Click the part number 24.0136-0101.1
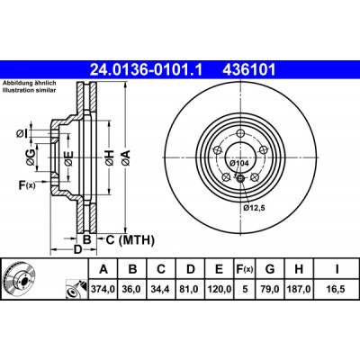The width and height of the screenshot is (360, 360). click(147, 70)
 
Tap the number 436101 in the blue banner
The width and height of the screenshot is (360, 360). click(248, 70)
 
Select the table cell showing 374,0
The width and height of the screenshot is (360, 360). click(103, 289)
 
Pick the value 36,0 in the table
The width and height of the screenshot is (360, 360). click(132, 289)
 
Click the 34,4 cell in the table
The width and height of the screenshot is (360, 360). click(161, 289)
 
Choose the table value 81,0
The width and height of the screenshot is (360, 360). click(191, 289)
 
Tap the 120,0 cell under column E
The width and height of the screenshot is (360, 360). click(220, 289)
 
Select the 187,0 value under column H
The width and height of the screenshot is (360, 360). click(299, 289)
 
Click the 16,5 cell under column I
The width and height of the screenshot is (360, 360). click(337, 289)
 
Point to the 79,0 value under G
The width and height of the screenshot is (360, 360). click(270, 289)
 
